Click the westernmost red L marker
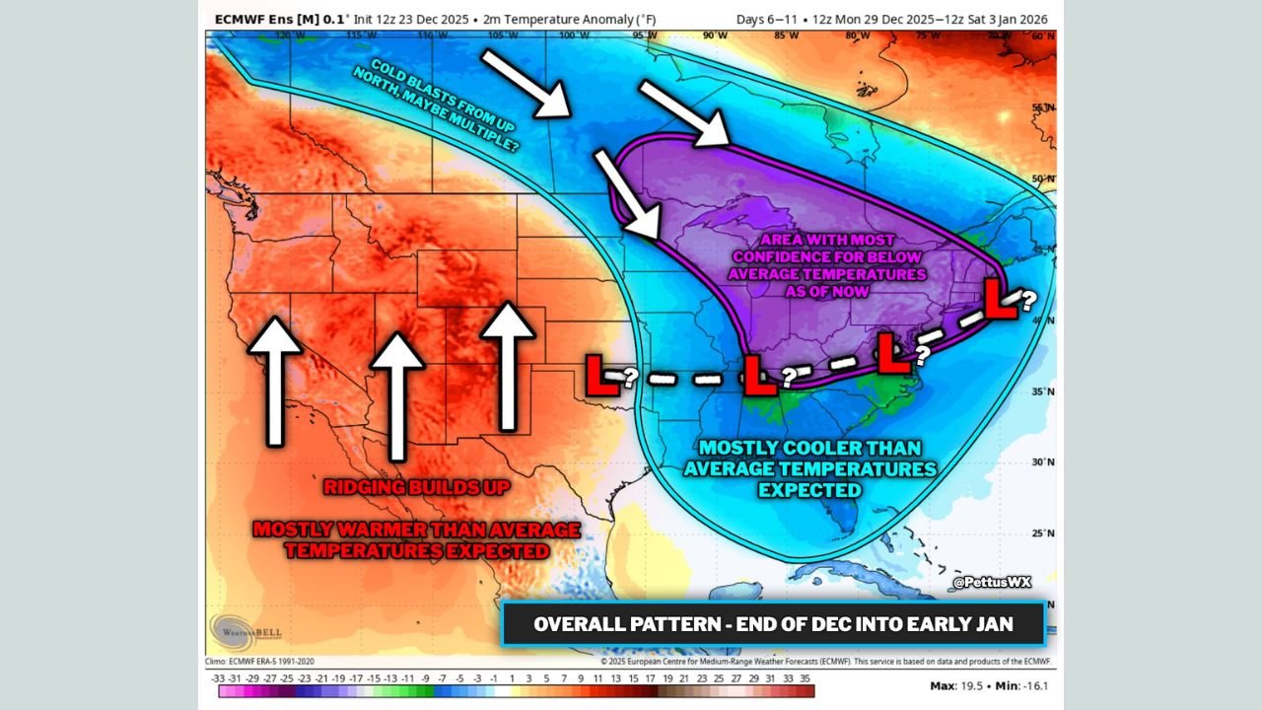(x=601, y=376)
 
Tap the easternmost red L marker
(x=1001, y=299)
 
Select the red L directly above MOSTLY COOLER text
(x=758, y=376)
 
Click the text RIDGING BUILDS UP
(x=416, y=487)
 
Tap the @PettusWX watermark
(x=992, y=583)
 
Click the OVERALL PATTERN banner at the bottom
(x=773, y=624)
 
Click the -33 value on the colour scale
(x=218, y=678)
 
